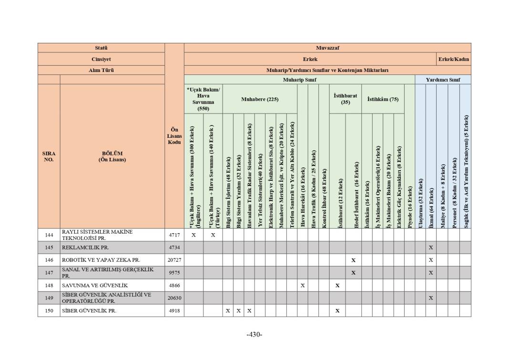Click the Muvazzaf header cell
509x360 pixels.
click(327, 48)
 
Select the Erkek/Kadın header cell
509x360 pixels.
click(454, 59)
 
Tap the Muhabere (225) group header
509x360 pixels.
click(259, 99)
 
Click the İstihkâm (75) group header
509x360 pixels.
click(383, 99)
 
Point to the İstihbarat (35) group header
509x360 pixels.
click(345, 99)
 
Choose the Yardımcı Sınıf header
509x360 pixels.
click(443, 80)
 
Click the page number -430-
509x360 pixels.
click(254, 334)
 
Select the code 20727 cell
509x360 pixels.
click(174, 260)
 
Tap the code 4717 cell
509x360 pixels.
click(174, 235)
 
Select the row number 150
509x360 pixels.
click(49, 310)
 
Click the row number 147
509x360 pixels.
click(49, 273)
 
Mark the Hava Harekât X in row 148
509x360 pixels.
click(302, 286)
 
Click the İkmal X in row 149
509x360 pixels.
click(430, 298)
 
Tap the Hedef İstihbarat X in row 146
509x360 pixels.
click(353, 260)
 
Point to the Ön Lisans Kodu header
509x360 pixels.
click(174, 136)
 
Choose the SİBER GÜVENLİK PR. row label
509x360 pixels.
click(89, 310)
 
